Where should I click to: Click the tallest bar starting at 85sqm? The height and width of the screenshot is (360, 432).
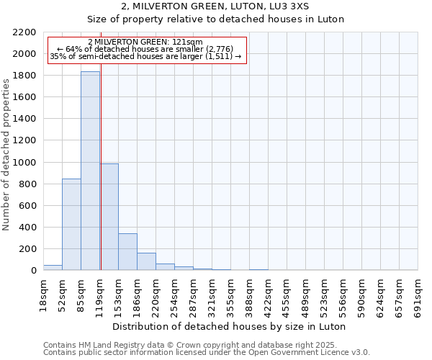coord(90,171)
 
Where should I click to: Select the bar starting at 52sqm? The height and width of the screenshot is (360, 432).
coord(71,224)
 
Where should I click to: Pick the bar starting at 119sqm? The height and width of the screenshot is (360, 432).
coord(109,217)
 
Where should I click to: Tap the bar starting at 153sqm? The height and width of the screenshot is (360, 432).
coord(127,251)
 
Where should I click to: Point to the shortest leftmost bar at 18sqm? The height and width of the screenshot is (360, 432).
coord(53,267)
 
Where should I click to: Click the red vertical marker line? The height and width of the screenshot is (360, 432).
coord(101,180)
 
